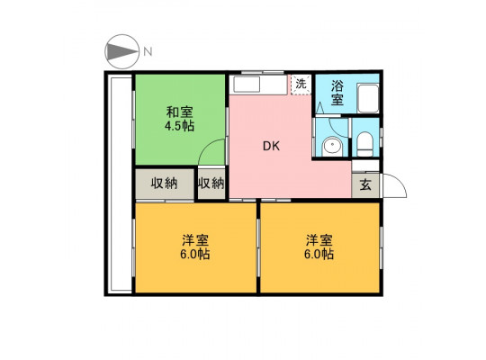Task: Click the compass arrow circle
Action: [x=121, y=51]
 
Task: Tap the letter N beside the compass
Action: [x=148, y=51]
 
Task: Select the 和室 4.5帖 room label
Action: [x=179, y=119]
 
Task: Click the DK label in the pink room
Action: [x=271, y=146]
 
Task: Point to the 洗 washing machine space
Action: [x=301, y=84]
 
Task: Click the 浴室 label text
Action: [x=337, y=93]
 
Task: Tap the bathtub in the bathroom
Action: [x=368, y=98]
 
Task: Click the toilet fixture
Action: [x=364, y=145]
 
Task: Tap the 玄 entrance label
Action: [x=365, y=185]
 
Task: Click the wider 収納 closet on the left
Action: [x=165, y=184]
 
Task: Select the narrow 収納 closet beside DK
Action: [x=211, y=184]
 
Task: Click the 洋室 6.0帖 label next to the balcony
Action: [x=195, y=247]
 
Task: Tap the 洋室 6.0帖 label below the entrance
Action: [x=319, y=247]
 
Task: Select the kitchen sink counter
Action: [x=260, y=85]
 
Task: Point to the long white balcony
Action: [x=120, y=184]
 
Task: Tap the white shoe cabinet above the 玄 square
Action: [x=365, y=166]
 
